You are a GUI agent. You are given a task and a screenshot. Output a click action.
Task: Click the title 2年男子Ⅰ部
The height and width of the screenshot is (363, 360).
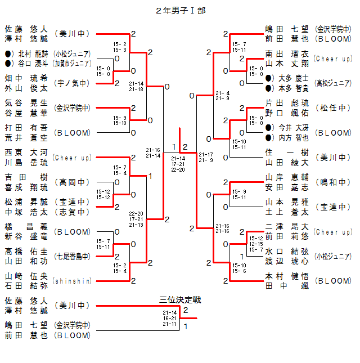pos(178,11)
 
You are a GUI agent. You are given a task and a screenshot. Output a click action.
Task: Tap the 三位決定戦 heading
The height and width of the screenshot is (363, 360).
pos(180,299)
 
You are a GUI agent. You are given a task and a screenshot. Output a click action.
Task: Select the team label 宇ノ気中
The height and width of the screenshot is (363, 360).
pos(72,83)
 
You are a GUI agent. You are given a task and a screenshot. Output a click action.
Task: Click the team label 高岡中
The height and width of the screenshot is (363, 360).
pos(72,182)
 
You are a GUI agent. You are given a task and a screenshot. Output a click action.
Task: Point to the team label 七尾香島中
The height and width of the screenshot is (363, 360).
pos(72,256)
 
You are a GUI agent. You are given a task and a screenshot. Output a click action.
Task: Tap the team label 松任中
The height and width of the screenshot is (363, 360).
pos(333,107)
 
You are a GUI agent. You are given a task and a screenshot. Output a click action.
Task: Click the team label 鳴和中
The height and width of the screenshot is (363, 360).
pos(333,182)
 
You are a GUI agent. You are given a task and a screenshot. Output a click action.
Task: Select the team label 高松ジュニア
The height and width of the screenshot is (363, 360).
pos(333,83)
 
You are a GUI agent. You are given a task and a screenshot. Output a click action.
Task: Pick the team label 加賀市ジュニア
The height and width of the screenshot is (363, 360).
pos(72,63)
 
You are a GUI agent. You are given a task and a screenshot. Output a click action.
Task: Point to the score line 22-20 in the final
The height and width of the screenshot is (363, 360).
pos(178,169)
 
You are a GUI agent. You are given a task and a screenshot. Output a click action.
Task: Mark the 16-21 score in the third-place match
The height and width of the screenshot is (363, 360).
pos(170,318)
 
